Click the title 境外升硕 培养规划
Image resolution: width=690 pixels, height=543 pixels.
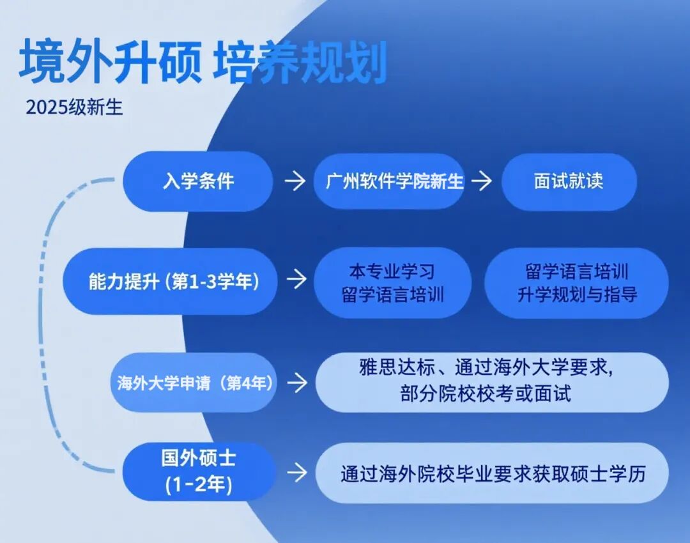pos(203,61)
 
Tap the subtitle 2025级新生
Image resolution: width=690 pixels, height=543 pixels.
pos(74,107)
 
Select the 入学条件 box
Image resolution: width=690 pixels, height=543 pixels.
pos(197,181)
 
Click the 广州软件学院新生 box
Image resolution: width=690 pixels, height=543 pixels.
pos(390,181)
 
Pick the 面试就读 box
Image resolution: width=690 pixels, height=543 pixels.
pos(569,181)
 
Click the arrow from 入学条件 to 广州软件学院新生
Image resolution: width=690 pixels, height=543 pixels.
pos(295,181)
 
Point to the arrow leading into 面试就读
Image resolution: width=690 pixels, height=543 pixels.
pos(482,181)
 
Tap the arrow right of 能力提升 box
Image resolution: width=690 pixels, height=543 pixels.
pos(296,279)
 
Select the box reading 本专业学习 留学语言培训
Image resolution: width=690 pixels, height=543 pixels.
pos(392,282)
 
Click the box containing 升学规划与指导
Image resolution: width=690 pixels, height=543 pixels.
pos(576,282)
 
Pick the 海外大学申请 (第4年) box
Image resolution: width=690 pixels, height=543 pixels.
pos(194,383)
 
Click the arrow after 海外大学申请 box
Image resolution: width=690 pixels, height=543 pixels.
pos(298,383)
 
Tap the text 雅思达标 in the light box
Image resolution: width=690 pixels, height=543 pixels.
pos(397,367)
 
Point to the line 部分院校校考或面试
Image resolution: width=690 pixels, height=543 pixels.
pos(486,394)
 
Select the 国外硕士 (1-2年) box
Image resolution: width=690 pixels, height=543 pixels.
pos(199,471)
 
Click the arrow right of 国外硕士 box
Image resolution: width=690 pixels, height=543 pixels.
pos(297,473)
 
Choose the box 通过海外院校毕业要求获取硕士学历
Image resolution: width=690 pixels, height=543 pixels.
pos(492,473)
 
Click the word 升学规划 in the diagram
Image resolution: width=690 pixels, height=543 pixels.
pos(548,294)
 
